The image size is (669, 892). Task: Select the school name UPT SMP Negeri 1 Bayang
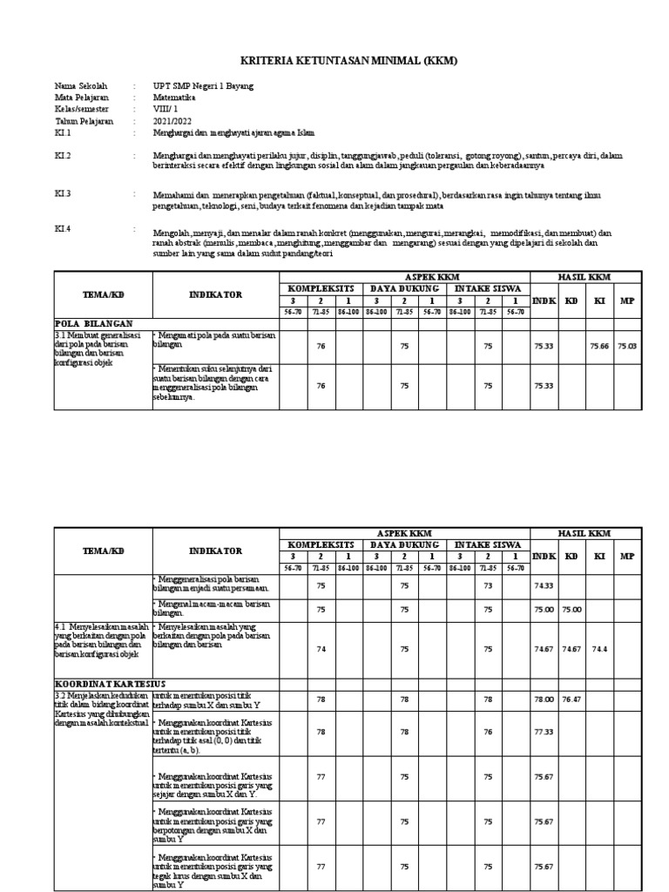coord(199,87)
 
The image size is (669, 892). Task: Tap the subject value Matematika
coord(177,98)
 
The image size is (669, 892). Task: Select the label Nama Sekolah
coord(81,87)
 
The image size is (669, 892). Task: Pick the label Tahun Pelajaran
coord(84,121)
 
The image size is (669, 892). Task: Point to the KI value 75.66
coord(599,346)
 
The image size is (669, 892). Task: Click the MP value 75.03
coord(628,346)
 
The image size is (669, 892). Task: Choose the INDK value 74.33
coord(544,587)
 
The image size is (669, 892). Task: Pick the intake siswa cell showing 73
coord(488,587)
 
